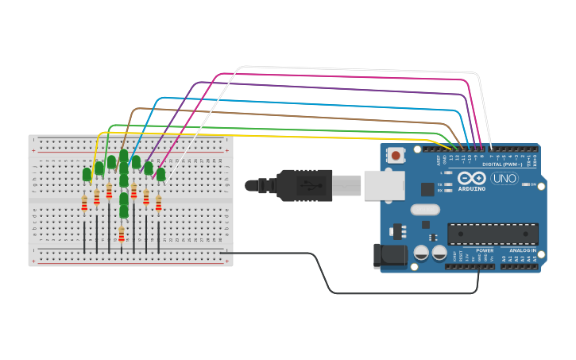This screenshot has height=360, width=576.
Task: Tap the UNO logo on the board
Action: pyautogui.click(x=504, y=178)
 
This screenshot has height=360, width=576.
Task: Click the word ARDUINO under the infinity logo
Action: pyautogui.click(x=471, y=189)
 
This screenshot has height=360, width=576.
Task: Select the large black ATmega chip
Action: pyautogui.click(x=493, y=234)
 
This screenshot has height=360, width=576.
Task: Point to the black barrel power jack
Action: pyautogui.click(x=390, y=255)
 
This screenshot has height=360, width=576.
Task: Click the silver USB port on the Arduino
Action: pyautogui.click(x=384, y=185)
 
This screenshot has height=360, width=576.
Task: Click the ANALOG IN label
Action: pyautogui.click(x=522, y=250)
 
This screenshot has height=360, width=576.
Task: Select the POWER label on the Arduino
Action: pyautogui.click(x=485, y=250)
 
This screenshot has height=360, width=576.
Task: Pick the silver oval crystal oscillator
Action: pyautogui.click(x=425, y=210)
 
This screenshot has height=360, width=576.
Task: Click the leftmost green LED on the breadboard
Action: pyautogui.click(x=87, y=174)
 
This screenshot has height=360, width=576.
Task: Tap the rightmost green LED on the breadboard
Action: pyautogui.click(x=160, y=174)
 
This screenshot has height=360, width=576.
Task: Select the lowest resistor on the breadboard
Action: pyautogui.click(x=122, y=234)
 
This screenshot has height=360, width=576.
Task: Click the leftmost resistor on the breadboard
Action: pyautogui.click(x=84, y=204)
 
